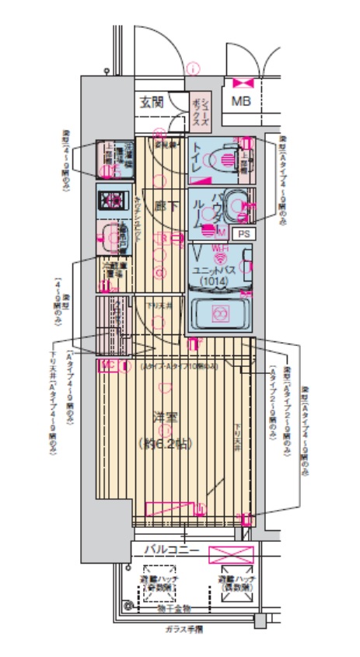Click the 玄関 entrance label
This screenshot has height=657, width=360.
(x=152, y=101)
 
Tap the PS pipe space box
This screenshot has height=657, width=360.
(x=243, y=232)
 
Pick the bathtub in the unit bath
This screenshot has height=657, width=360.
(x=220, y=313)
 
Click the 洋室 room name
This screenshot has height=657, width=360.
(x=164, y=418)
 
